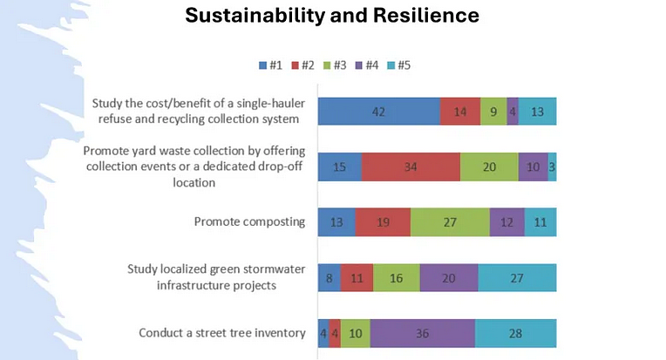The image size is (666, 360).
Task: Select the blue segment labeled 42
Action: click(378, 112)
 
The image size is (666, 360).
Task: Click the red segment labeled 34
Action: click(411, 166)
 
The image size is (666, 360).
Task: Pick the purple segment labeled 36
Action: click(422, 333)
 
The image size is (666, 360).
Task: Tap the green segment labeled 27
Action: click(450, 221)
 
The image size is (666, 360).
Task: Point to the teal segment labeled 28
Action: click(515, 333)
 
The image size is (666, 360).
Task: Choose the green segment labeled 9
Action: click(493, 112)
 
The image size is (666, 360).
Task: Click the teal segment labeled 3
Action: click(553, 166)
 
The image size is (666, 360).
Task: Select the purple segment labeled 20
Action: click(449, 277)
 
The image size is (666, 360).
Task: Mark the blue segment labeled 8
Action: click(329, 277)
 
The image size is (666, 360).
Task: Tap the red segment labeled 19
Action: click(383, 221)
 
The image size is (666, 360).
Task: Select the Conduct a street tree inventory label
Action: click(221, 333)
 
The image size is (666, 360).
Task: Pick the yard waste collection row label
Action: click(194, 166)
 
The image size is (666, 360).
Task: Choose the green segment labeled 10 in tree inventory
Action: click(355, 333)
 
